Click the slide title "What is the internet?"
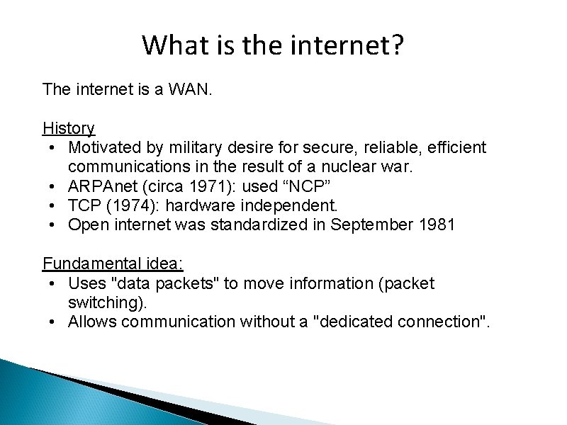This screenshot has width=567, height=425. tap(273, 45)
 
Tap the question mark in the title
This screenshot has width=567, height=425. tap(395, 45)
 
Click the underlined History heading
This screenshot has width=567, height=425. tap(69, 128)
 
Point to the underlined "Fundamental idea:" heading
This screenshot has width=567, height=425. tap(113, 264)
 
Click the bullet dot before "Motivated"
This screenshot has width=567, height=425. tap(54, 147)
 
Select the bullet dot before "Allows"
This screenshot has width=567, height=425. tap(54, 322)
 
